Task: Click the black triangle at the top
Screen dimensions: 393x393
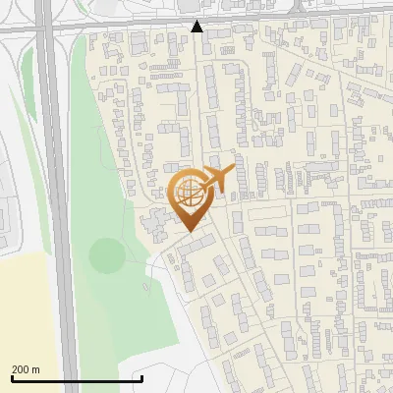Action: click(197, 26)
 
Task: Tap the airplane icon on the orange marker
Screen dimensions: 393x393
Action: click(219, 178)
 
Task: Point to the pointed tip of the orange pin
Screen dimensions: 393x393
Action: click(189, 231)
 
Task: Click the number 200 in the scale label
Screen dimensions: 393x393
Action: click(22, 369)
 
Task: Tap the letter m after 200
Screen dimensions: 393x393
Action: click(36, 369)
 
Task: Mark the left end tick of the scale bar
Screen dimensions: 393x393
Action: click(11, 377)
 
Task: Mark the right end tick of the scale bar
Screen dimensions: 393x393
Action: click(142, 377)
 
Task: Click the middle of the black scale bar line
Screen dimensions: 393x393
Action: click(77, 379)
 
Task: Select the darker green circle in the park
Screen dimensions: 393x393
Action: click(107, 255)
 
